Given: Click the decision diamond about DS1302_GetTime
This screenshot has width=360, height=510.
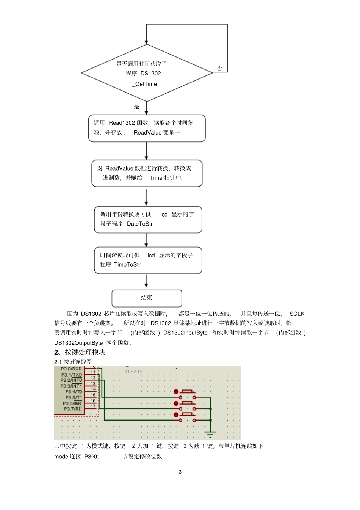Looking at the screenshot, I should [147, 73].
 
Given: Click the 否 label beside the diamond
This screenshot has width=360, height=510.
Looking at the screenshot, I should [219, 69].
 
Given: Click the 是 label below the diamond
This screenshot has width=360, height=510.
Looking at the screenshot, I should [136, 107].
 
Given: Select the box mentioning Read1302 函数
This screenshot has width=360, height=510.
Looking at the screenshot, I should [147, 128].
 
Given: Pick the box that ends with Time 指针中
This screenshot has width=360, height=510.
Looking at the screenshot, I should [147, 173].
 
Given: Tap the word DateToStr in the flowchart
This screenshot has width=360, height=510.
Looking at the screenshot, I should [140, 224].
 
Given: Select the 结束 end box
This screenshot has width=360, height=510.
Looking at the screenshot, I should [147, 298].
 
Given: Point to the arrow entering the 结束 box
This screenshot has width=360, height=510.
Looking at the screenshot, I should [146, 282].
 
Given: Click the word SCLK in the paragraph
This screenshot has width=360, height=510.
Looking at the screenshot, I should [297, 314].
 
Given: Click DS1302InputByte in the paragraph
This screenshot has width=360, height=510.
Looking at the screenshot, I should [185, 333].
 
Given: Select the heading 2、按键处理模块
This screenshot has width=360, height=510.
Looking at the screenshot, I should [80, 352].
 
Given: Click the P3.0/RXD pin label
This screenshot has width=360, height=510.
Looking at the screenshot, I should [71, 369].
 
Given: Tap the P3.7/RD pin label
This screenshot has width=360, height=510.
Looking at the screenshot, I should [72, 409].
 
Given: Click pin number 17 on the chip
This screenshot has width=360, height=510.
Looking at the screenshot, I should [93, 406].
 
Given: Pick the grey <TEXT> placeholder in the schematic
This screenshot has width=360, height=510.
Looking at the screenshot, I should [134, 372].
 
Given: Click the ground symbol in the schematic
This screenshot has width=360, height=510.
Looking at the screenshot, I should [210, 434].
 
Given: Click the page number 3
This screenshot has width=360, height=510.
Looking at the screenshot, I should [180, 472].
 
